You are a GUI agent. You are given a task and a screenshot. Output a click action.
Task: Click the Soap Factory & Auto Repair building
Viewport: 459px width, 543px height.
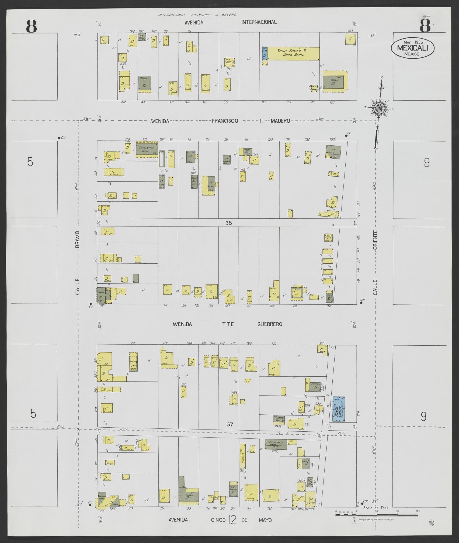pyautogui.click(x=293, y=53)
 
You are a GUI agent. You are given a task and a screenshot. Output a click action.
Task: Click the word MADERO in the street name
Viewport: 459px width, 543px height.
pyautogui.click(x=280, y=121)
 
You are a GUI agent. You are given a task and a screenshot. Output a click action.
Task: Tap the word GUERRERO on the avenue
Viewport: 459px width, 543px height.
pyautogui.click(x=270, y=324)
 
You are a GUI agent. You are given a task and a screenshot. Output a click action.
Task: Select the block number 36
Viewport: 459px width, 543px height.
pyautogui.click(x=229, y=223)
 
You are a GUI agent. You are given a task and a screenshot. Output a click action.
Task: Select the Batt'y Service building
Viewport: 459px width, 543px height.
pyautogui.click(x=314, y=88)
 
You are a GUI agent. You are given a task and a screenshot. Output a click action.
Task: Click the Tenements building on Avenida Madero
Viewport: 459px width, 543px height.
pyautogui.click(x=147, y=149)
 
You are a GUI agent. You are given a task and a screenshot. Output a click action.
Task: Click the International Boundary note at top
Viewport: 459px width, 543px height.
pyautogui.click(x=197, y=15)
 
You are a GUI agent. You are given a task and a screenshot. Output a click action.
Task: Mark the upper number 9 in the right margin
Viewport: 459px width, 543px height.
pyautogui.click(x=427, y=163)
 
